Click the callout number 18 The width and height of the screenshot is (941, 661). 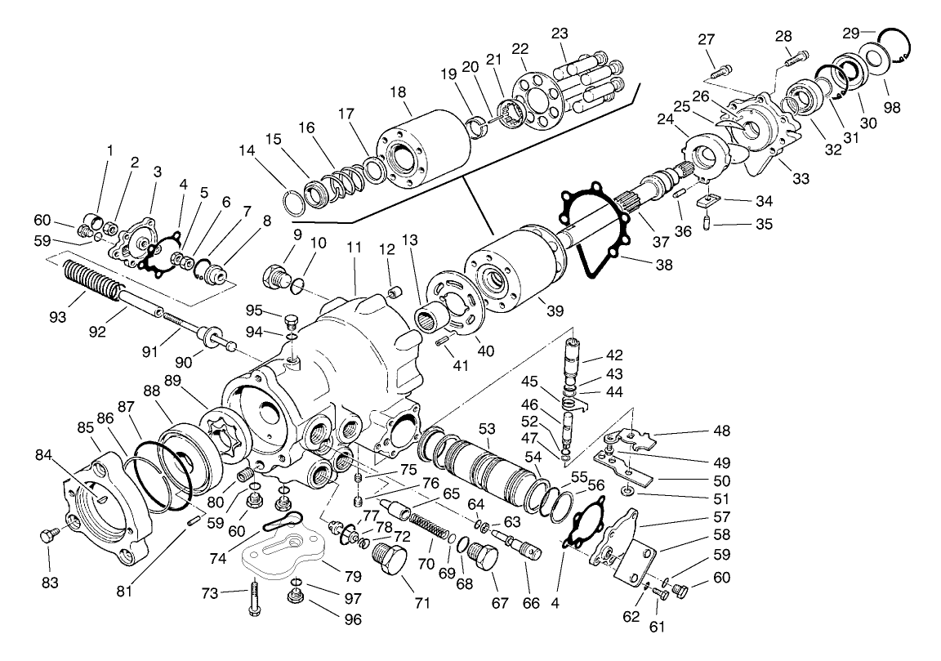coord(398,92)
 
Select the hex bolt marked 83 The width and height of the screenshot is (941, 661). coord(47,536)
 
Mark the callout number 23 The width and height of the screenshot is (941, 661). coord(560,33)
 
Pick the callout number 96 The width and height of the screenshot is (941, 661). coord(354,619)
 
